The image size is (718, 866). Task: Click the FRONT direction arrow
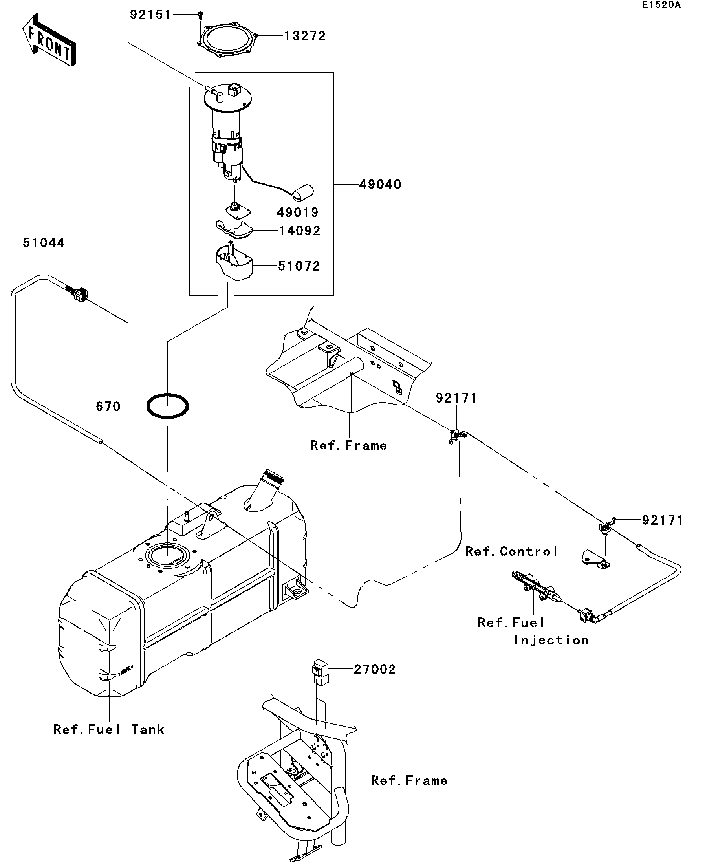[x=49, y=40]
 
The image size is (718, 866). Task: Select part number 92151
[x=150, y=15]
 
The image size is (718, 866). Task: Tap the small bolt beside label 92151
[x=200, y=15]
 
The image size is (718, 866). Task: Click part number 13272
[x=305, y=36]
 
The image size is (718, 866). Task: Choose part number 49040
[x=380, y=184]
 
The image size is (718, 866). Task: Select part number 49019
[x=297, y=213]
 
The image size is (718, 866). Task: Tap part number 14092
[x=299, y=231]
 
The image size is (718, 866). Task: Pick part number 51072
[x=299, y=266]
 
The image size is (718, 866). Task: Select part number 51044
[x=44, y=243]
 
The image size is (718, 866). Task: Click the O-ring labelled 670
[x=168, y=406]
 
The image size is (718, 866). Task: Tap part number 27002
[x=374, y=669]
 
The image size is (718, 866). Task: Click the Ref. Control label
[x=511, y=552]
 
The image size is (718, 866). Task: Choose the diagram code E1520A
[x=661, y=5]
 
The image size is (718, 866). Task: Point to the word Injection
[x=551, y=640]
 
